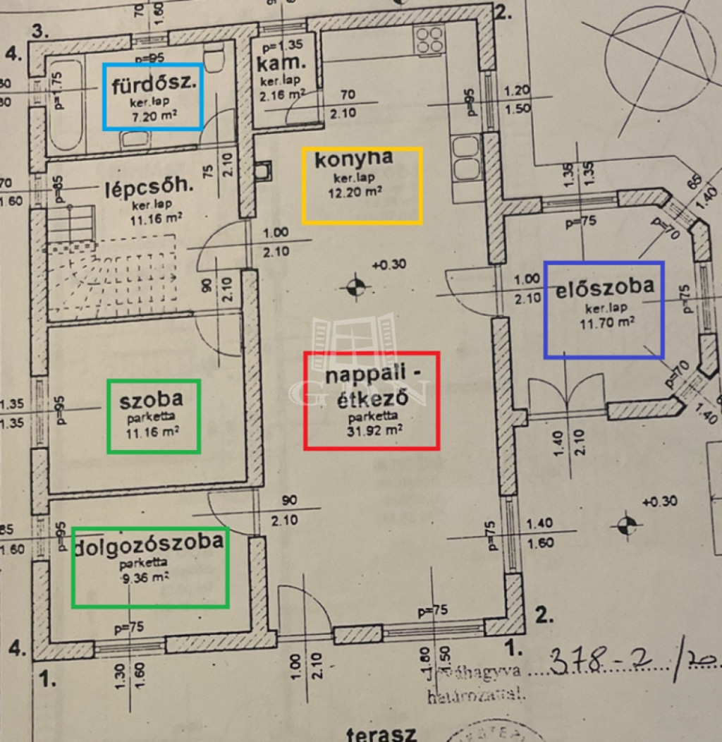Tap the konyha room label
tap(353, 160)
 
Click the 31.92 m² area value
tap(375, 429)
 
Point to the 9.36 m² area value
tap(145, 576)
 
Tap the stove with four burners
tap(430, 40)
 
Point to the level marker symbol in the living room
tap(355, 286)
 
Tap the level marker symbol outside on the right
tap(626, 524)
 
